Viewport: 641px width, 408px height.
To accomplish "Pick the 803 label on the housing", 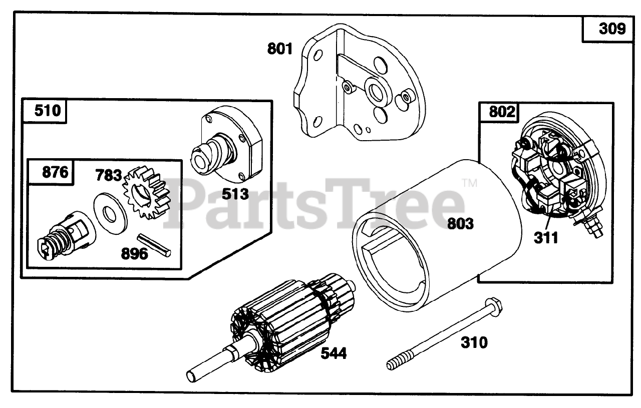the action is point(461,223).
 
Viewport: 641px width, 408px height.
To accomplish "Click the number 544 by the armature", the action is point(333,353).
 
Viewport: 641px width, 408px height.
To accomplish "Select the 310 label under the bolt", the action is point(473,343).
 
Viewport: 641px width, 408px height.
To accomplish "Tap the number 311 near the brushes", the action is point(545,237).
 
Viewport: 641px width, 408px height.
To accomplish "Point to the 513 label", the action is point(235,193).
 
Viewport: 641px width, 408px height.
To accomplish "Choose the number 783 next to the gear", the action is point(109,176).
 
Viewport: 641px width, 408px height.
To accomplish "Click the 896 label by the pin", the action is point(134,254).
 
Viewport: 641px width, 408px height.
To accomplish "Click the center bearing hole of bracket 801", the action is point(374,91).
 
